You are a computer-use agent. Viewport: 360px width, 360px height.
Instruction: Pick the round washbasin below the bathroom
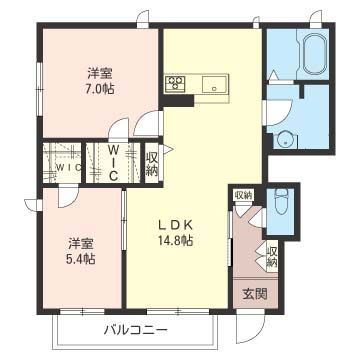pos(285,139)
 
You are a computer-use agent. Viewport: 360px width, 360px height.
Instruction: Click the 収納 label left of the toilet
pos(243,194)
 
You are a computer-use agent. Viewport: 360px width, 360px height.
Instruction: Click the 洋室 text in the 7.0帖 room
pos(98,73)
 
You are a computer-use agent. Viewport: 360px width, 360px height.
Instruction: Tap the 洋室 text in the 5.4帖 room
pos(81,243)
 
